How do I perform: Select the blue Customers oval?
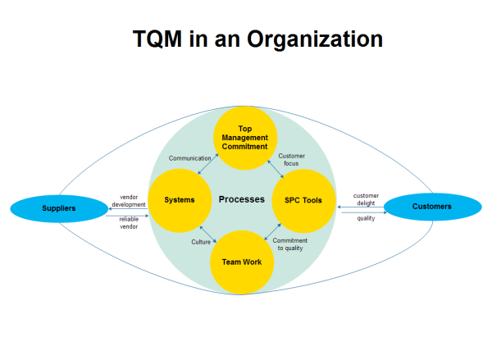[x=431, y=207]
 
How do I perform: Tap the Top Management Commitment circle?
[x=245, y=138]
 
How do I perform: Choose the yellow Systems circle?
[x=180, y=200]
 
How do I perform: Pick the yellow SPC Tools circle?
[x=303, y=200]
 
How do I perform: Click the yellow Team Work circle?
[x=243, y=262]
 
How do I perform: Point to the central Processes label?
[x=241, y=199]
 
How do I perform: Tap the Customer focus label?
[x=292, y=159]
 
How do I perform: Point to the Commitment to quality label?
[x=290, y=244]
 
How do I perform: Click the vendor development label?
[x=128, y=201]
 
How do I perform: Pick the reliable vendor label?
[x=128, y=222]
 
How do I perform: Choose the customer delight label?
[x=365, y=199]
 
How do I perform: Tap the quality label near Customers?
[x=366, y=217]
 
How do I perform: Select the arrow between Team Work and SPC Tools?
[x=273, y=233]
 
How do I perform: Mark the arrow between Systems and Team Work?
[x=208, y=236]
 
